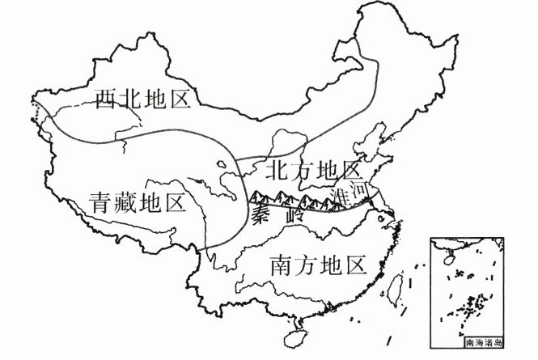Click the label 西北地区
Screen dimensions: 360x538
[141, 100]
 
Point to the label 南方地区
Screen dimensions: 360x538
[316, 265]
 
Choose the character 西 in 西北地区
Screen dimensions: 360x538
[104, 100]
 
